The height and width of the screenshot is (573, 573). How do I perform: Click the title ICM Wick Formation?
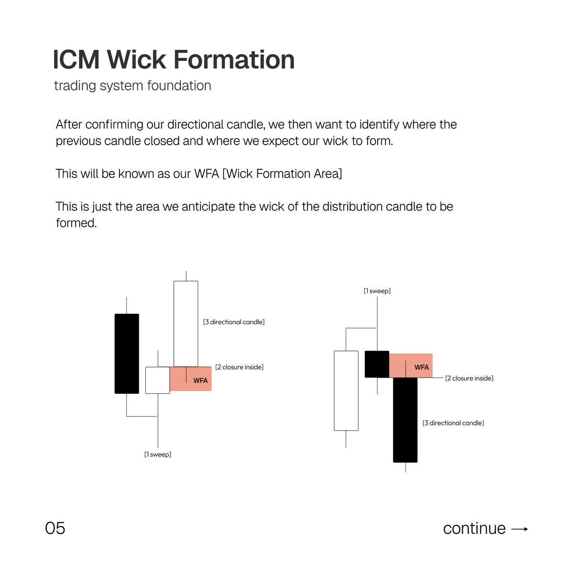(173, 60)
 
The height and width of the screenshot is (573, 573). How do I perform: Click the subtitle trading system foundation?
(132, 86)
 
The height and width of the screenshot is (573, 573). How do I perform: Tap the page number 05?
(55, 528)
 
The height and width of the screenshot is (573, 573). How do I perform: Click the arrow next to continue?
(520, 529)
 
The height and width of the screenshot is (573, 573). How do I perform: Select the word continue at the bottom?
(474, 529)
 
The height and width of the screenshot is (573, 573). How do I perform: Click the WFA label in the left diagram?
(201, 381)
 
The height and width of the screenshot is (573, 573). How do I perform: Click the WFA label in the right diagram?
(422, 367)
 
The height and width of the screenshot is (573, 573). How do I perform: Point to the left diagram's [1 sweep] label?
(158, 455)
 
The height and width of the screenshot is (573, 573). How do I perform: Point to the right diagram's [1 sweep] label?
(377, 291)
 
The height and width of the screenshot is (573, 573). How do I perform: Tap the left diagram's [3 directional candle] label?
(234, 322)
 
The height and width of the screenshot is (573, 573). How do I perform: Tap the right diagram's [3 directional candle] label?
(453, 423)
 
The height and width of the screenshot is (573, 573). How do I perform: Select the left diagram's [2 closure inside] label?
(239, 367)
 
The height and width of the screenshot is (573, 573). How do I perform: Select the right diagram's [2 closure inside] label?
(469, 378)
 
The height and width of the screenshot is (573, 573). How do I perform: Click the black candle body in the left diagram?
(127, 353)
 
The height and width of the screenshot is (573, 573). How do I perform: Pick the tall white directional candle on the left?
(186, 324)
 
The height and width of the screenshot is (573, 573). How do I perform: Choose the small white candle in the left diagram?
(157, 380)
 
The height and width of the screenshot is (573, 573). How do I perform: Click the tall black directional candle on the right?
(405, 420)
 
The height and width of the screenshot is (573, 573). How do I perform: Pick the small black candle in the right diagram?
(377, 364)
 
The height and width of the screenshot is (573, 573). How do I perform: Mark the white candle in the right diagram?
(346, 391)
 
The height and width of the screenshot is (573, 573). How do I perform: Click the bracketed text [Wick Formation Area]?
(282, 174)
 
